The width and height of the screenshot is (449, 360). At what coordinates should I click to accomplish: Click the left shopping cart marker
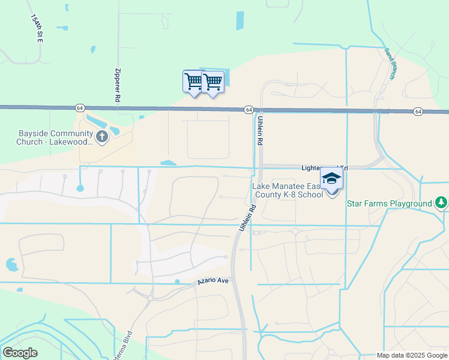(193, 81)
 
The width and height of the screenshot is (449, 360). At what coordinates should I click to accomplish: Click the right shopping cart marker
(213, 81)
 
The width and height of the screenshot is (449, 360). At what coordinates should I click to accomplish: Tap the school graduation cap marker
(331, 179)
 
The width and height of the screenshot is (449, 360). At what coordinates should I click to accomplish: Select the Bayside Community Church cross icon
(101, 137)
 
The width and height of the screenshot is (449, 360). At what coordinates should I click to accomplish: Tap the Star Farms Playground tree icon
(441, 203)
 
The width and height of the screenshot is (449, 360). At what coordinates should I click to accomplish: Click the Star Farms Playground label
(390, 204)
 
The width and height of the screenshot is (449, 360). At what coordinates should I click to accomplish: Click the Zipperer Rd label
(118, 87)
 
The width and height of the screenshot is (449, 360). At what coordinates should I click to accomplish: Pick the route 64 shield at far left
(80, 107)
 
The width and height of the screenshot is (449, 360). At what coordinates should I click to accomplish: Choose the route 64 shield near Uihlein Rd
(249, 110)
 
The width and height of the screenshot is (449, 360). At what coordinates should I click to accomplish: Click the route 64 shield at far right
(418, 112)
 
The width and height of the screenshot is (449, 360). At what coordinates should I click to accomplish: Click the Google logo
(20, 353)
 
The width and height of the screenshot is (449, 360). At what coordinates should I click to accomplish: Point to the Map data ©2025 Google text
(411, 355)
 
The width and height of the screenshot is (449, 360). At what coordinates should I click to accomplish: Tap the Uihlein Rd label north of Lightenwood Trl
(261, 132)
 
